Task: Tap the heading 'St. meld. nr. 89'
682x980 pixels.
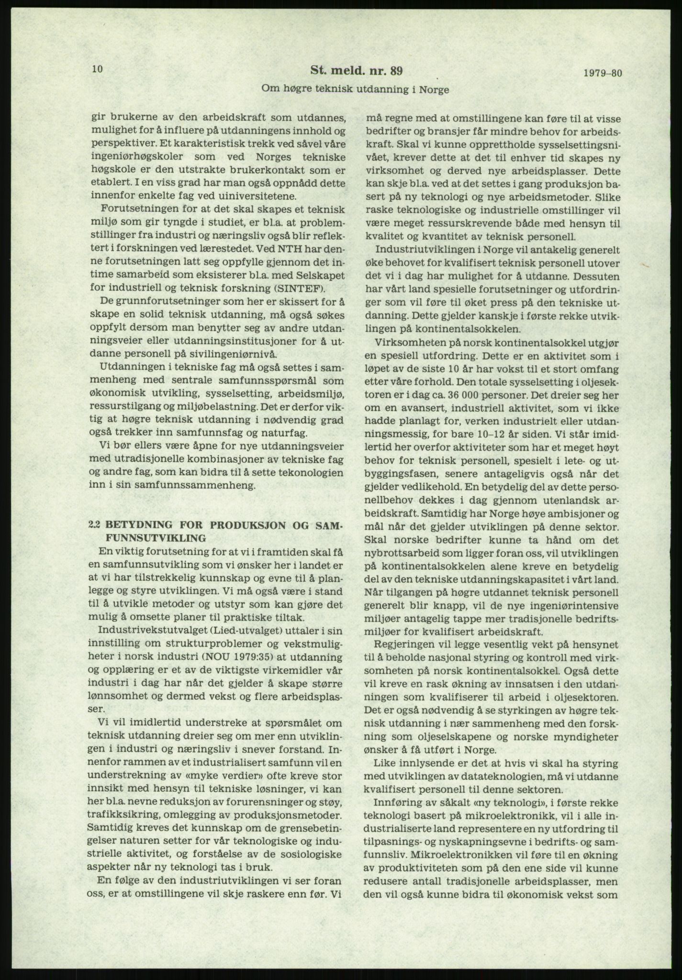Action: coord(357,71)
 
